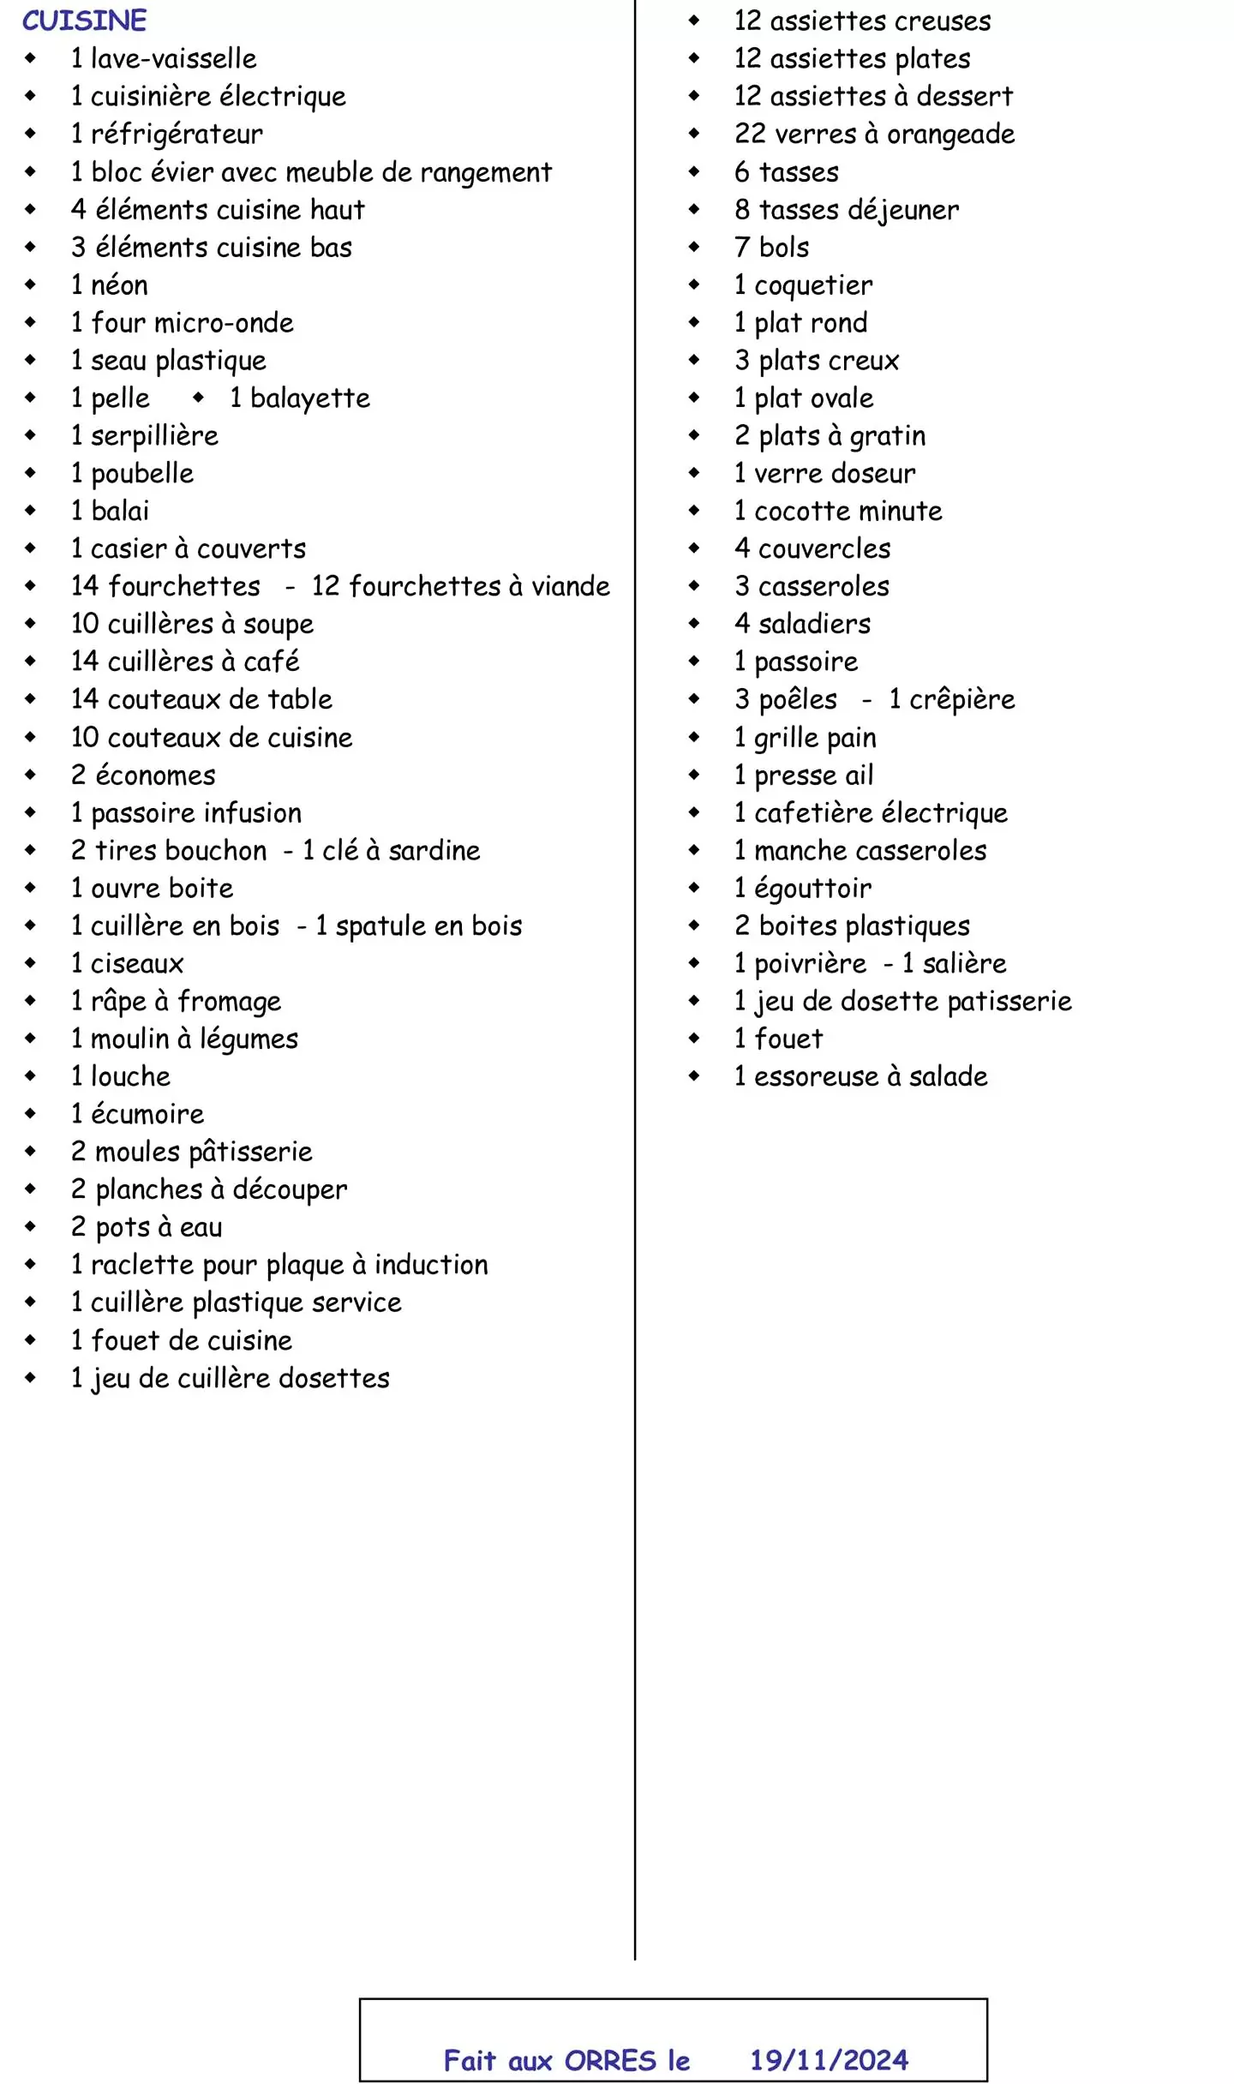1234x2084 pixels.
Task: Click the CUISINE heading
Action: (x=84, y=21)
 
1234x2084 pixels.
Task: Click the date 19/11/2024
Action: (x=829, y=2059)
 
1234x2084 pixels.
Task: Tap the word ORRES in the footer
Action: (x=609, y=2060)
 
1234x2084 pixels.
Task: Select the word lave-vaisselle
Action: (x=173, y=58)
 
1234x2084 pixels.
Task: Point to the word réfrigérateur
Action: (x=177, y=135)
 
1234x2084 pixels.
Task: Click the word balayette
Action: (x=310, y=398)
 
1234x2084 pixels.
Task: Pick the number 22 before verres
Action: (x=749, y=134)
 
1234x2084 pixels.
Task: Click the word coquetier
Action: (x=813, y=285)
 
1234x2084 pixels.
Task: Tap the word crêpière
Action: (x=961, y=700)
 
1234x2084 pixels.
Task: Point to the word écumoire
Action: (x=147, y=1114)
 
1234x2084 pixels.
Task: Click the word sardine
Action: (x=434, y=851)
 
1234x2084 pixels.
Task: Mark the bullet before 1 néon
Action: (x=31, y=284)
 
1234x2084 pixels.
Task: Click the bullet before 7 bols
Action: (x=694, y=247)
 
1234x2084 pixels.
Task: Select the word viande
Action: (x=571, y=586)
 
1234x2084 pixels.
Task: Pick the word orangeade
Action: (x=950, y=135)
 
